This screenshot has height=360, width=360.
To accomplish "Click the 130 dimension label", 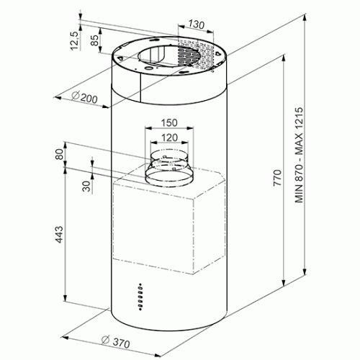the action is pyautogui.click(x=196, y=24).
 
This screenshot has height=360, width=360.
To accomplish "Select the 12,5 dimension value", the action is pyautogui.click(x=75, y=41).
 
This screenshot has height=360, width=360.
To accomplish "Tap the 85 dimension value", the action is pyautogui.click(x=94, y=40).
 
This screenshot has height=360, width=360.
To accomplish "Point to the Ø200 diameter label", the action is pyautogui.click(x=84, y=97).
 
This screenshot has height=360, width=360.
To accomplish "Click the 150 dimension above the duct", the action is pyautogui.click(x=169, y=122).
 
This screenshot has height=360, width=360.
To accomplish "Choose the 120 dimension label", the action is pyautogui.click(x=169, y=138).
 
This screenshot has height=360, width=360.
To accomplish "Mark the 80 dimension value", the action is pyautogui.click(x=59, y=154).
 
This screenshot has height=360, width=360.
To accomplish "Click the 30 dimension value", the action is pyautogui.click(x=86, y=186).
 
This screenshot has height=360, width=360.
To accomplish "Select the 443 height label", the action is pyautogui.click(x=59, y=234).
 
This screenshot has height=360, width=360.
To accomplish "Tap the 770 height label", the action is pyautogui.click(x=277, y=178).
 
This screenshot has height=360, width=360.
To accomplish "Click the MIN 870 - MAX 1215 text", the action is pyautogui.click(x=300, y=156).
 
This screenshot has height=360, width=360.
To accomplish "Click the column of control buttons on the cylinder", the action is pyautogui.click(x=140, y=297).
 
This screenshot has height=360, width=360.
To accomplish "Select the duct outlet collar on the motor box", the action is pyautogui.click(x=169, y=168).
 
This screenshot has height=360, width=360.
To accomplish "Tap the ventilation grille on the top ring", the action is pyautogui.click(x=196, y=56).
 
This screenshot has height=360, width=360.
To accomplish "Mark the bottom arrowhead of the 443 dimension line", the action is pyautogui.click(x=65, y=298).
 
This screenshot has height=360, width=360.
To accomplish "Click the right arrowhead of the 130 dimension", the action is pyautogui.click(x=210, y=31).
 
